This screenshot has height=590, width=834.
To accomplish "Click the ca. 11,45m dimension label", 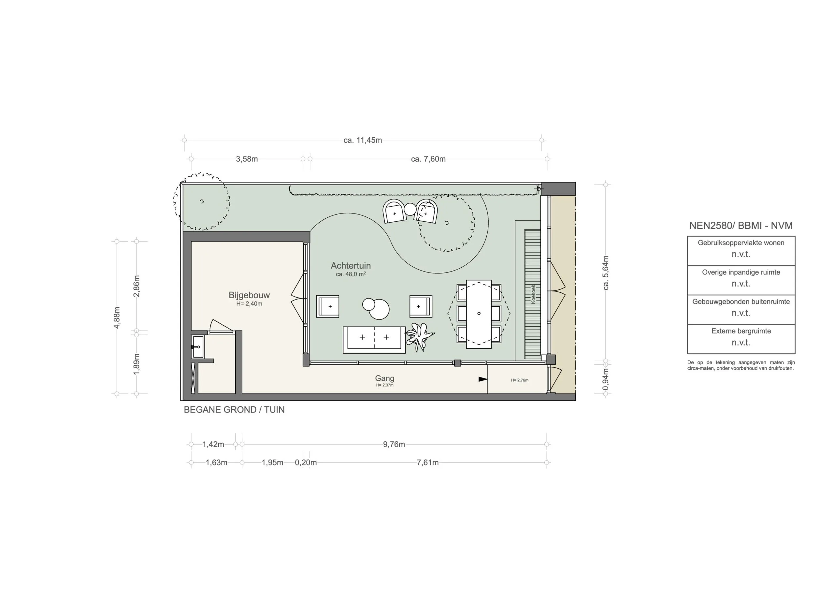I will click(x=363, y=140).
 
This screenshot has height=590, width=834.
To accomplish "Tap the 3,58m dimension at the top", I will click(x=247, y=159).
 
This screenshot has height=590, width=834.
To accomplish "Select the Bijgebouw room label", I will click(x=249, y=295).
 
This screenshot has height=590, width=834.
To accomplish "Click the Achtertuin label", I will click(x=351, y=266).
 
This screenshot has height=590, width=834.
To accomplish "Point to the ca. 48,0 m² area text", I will click(x=351, y=274).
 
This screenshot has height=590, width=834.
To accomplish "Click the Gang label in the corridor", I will click(x=384, y=378).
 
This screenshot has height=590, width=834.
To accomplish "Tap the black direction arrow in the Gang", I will click(x=483, y=379).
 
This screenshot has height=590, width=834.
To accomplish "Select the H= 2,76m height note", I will click(x=519, y=380).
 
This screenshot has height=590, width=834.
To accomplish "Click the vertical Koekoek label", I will click(x=533, y=294).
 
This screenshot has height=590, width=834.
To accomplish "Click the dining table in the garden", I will click(x=479, y=314).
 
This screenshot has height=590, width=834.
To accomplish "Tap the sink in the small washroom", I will click(x=198, y=347).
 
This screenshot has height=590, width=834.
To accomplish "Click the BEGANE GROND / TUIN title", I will click(x=234, y=410).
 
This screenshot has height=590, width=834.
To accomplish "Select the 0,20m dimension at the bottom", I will click(x=306, y=463).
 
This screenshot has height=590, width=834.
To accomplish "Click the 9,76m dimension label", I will click(x=394, y=444).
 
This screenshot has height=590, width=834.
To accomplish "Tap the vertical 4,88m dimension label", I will click(x=117, y=317).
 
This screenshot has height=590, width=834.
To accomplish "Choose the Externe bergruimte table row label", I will click(x=741, y=331).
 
